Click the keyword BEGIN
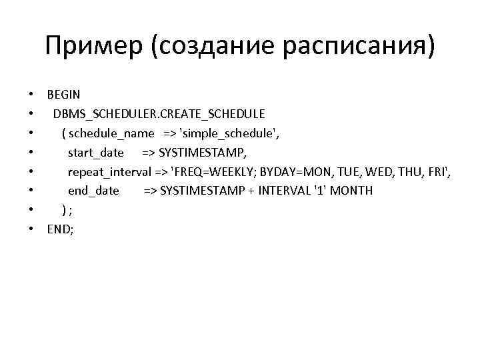tap(63, 95)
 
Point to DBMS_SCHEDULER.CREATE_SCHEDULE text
tap(159, 114)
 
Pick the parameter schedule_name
tap(112, 133)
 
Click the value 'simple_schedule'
tap(225, 133)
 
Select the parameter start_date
tap(96, 153)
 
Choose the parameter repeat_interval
tap(110, 172)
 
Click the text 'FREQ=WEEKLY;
tap(214, 172)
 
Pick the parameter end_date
tap(93, 191)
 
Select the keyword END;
tap(60, 229)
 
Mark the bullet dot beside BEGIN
tap(32, 95)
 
